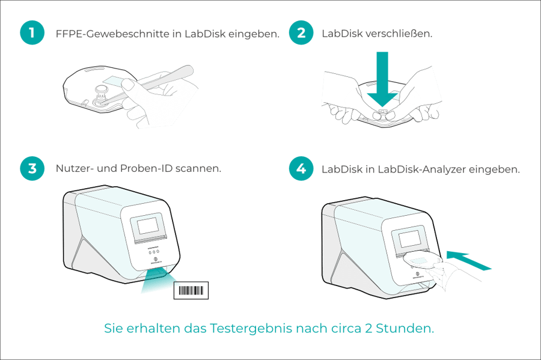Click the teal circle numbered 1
32,33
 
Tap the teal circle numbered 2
301,33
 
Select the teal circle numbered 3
32,169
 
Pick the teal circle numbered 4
301,169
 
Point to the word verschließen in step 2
399,34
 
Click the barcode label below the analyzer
191,290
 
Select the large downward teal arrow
382,79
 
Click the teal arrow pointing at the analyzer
468,260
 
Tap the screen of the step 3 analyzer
148,226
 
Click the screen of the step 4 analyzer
409,239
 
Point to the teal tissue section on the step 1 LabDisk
114,81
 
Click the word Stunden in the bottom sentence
405,328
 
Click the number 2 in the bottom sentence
368,328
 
